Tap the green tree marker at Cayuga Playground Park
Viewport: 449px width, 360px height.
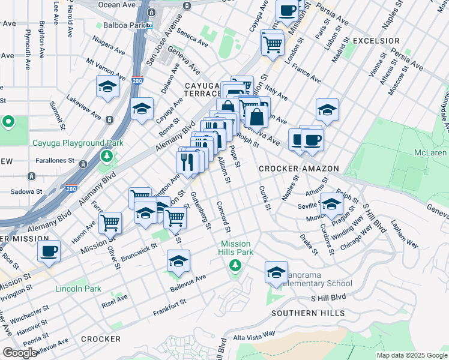107,156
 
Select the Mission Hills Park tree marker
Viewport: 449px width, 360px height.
235,265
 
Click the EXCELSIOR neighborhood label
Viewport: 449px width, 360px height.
376,41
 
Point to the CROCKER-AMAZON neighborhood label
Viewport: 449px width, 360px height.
299,169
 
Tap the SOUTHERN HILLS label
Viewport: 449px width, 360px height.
308,313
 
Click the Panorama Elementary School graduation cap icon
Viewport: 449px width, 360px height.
276,272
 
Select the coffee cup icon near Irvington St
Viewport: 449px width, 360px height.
49,251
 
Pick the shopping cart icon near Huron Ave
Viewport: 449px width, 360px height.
110,222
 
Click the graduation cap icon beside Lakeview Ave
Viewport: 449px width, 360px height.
107,88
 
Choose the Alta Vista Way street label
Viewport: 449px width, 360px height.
254,334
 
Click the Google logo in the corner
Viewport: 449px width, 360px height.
20,353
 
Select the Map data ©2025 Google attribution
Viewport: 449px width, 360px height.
411,355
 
